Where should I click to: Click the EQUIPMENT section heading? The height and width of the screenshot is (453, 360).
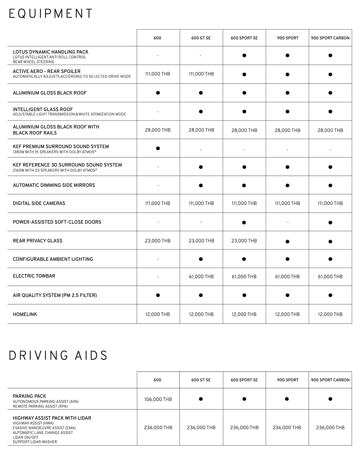tap(50, 14)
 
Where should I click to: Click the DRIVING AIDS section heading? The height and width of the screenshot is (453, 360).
tap(58, 355)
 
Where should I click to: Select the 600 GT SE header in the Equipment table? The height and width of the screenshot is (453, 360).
tap(201, 38)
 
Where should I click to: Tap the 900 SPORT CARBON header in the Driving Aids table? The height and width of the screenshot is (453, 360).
tap(330, 380)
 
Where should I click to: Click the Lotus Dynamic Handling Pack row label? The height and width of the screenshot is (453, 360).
tap(50, 52)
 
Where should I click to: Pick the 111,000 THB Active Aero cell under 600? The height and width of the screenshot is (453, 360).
tap(158, 74)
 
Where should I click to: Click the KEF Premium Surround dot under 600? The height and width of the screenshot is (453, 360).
tap(158, 148)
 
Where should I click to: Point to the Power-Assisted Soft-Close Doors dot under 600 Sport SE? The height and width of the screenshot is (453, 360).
tap(244, 222)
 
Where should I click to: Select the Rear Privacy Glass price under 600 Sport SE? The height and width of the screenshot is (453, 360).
tap(244, 241)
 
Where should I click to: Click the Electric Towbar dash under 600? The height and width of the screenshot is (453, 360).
tap(158, 277)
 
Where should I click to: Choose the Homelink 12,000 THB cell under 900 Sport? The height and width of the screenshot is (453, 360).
tap(287, 314)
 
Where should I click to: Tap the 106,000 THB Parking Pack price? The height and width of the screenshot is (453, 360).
tap(158, 399)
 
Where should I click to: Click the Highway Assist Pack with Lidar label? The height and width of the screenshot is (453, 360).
tap(52, 418)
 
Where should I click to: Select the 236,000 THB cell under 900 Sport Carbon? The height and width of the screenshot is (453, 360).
tap(330, 427)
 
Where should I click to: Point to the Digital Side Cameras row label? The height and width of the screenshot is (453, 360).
tap(39, 203)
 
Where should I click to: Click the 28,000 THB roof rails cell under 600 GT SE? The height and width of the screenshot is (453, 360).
tap(201, 130)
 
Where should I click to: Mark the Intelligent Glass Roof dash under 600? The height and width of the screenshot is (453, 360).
tap(158, 112)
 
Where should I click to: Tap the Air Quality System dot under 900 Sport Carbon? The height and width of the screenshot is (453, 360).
tap(330, 295)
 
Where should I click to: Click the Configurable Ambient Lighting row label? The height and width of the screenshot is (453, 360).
tap(53, 259)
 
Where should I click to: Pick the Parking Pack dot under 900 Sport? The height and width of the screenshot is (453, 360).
tap(287, 399)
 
